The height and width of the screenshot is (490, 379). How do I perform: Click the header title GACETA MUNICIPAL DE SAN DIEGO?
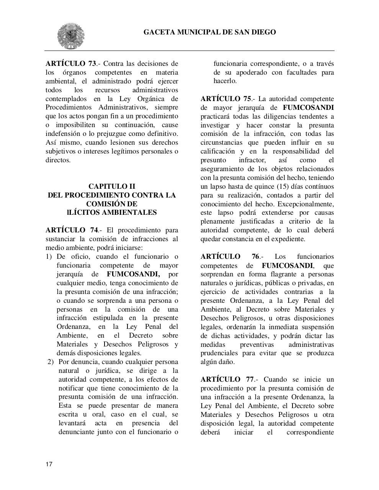click(209, 32)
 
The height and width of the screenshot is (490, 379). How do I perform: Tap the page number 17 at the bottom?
click(49, 464)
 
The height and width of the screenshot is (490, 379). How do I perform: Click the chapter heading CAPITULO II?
click(112, 186)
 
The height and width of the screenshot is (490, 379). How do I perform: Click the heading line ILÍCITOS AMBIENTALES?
click(112, 212)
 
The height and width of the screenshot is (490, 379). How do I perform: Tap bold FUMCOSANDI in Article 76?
click(287, 265)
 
